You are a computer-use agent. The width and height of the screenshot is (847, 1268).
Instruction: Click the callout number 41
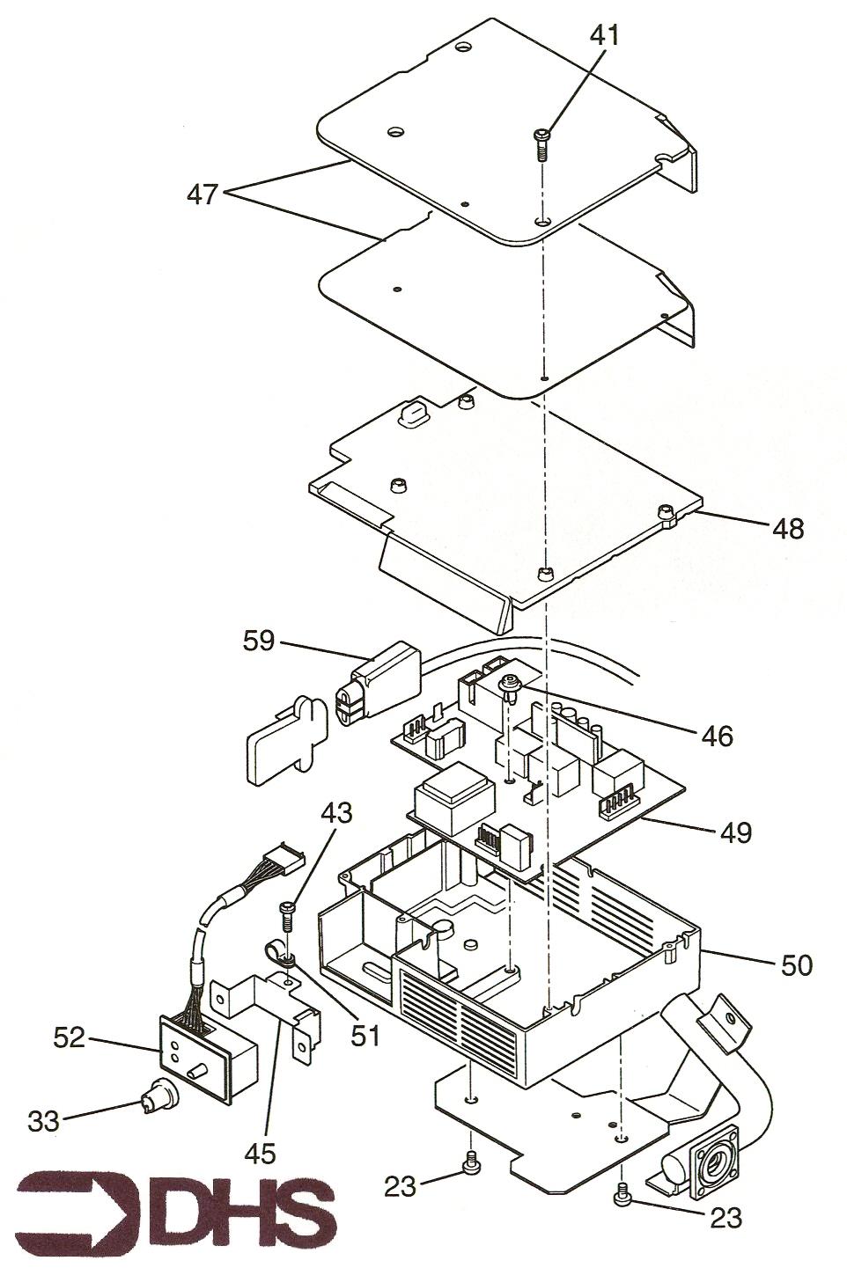pyautogui.click(x=606, y=37)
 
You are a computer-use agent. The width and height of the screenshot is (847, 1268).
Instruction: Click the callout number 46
pyautogui.click(x=718, y=736)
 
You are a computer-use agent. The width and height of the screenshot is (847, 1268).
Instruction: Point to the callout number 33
pyautogui.click(x=44, y=1120)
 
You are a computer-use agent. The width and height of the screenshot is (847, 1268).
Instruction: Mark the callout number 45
pyautogui.click(x=261, y=1151)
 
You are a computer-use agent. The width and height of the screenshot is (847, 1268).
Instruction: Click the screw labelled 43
pyautogui.click(x=285, y=917)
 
